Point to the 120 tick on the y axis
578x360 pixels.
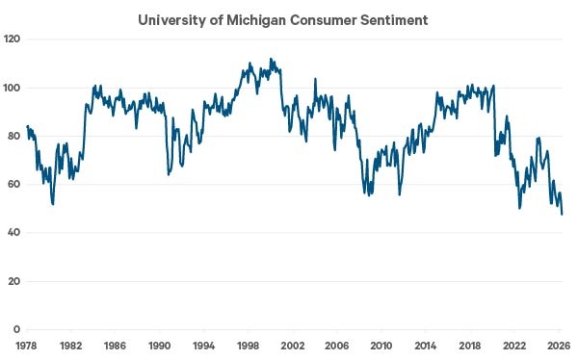pos(12,39)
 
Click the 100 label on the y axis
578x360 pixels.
pos(12,88)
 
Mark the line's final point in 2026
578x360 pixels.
pos(562,214)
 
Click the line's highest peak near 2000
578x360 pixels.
pos(271,59)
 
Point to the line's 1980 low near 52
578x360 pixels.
pos(53,204)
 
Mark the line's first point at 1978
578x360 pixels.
pos(27,126)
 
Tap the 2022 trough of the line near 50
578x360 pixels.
pos(520,208)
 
